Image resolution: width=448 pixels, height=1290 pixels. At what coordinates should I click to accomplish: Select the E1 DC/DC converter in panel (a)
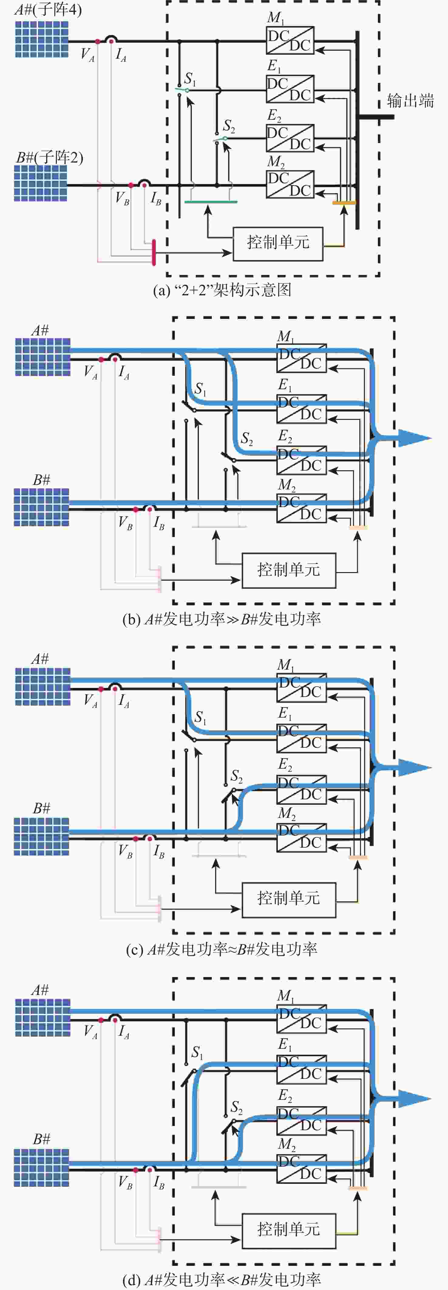pyautogui.click(x=290, y=89)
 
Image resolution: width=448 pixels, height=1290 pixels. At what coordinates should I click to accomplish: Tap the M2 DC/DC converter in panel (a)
pyautogui.click(x=290, y=184)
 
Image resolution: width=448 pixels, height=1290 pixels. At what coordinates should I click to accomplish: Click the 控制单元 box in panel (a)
pyautogui.click(x=278, y=243)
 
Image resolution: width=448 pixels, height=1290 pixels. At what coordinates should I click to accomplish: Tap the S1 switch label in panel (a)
pyautogui.click(x=190, y=79)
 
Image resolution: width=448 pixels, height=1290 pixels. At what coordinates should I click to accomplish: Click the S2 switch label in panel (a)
pyautogui.click(x=229, y=125)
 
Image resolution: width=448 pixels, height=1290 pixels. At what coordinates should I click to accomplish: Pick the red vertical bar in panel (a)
pyautogui.click(x=154, y=252)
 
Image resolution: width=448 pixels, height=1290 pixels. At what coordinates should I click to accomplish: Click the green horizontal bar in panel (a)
pyautogui.click(x=211, y=202)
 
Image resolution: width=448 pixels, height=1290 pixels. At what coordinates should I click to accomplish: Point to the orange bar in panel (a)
pyautogui.click(x=344, y=203)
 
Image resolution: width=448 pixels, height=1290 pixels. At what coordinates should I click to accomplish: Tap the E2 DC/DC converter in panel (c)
pyautogui.click(x=301, y=790)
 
